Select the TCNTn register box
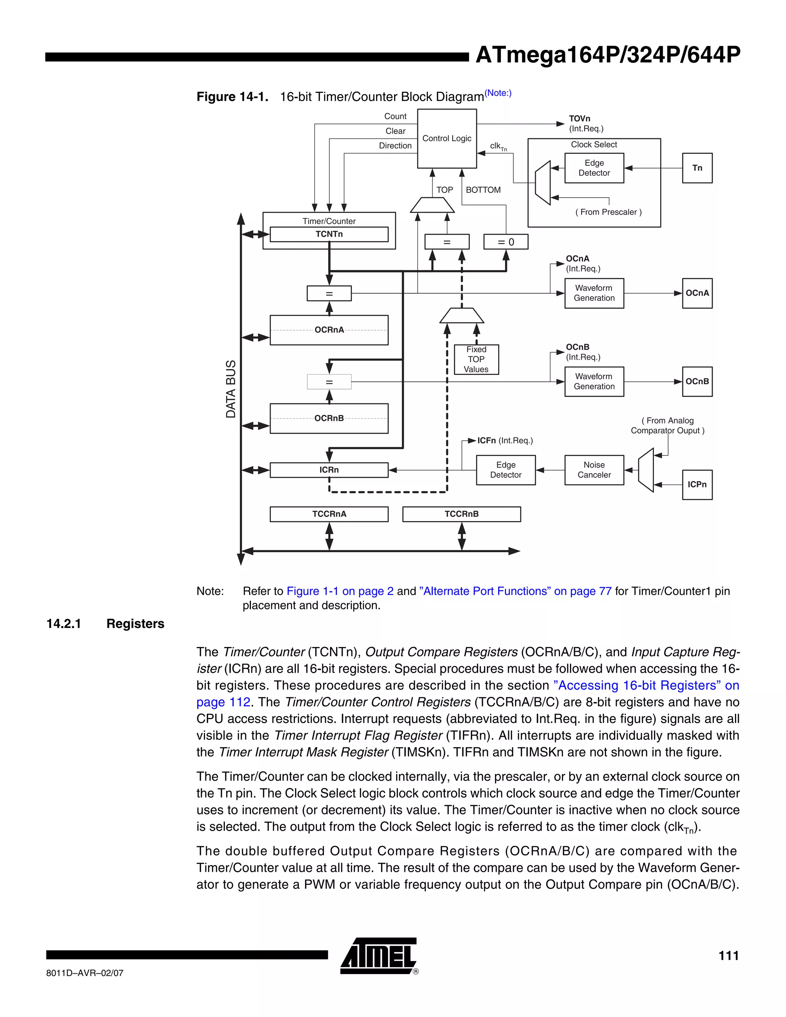coord(329,234)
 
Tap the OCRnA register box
coord(329,330)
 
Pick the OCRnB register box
coord(329,418)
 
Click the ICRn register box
coord(329,470)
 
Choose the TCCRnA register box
coord(329,514)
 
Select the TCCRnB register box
coord(461,514)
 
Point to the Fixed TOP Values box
coord(476,359)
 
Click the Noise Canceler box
coord(594,470)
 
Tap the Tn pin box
coord(697,168)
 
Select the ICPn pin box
coord(697,484)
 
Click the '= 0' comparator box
coord(506,242)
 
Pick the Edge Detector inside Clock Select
coord(594,168)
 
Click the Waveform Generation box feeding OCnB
coord(594,381)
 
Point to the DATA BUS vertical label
coord(231,389)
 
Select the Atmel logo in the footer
coord(378,956)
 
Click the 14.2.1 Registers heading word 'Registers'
coord(135,624)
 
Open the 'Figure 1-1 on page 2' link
coord(340,591)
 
